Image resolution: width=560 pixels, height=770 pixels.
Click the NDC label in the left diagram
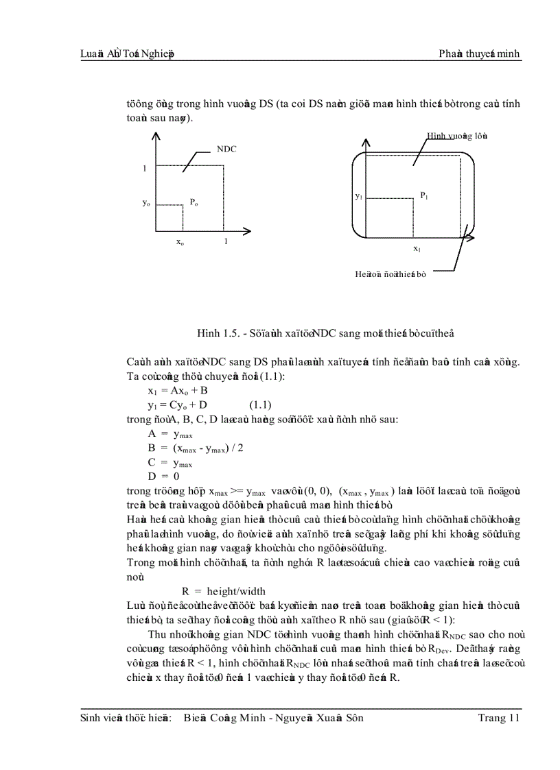click(226, 149)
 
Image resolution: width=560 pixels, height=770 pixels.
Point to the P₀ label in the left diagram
click(194, 202)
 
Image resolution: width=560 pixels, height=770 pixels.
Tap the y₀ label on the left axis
click(146, 203)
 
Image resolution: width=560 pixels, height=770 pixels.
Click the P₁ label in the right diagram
click(424, 195)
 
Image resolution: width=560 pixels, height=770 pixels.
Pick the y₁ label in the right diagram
click(358, 197)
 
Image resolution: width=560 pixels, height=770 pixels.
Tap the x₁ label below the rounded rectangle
click(417, 249)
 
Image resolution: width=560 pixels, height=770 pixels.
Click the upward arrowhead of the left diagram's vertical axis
click(156, 136)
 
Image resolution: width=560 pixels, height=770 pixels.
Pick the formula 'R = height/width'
click(223, 591)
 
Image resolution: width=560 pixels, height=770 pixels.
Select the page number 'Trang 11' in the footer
click(499, 718)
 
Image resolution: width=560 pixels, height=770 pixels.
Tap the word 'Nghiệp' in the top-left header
click(156, 55)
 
